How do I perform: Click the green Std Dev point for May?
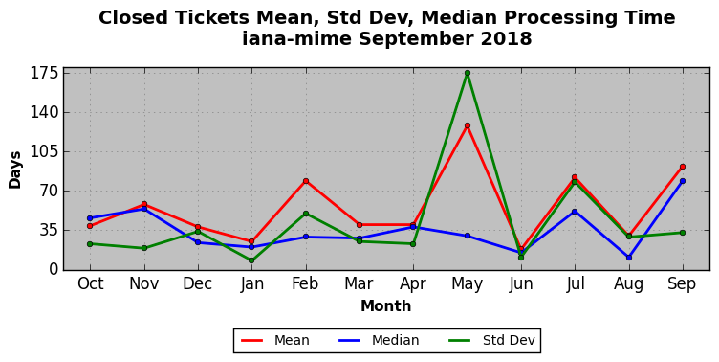coord(468,73)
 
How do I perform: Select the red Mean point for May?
coord(468,125)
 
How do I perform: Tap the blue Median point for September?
coord(683,181)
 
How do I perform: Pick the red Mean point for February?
coord(306,181)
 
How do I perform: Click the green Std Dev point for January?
coord(251,260)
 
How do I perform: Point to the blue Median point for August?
coord(629,258)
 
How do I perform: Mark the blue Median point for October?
coord(90,218)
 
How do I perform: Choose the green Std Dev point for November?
coord(144,248)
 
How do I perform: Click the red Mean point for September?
coord(683,167)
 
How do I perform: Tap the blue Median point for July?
coord(575,212)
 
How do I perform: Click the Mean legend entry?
coord(275,340)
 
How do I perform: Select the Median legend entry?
coord(379,340)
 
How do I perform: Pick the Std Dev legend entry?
coord(491,340)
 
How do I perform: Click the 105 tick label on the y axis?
coord(44,151)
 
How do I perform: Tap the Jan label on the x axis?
coord(251,283)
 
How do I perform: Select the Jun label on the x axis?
coord(521,283)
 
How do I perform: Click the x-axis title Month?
coord(385,305)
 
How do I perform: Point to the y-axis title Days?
coord(14,170)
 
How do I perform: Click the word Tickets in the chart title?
coord(212,18)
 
